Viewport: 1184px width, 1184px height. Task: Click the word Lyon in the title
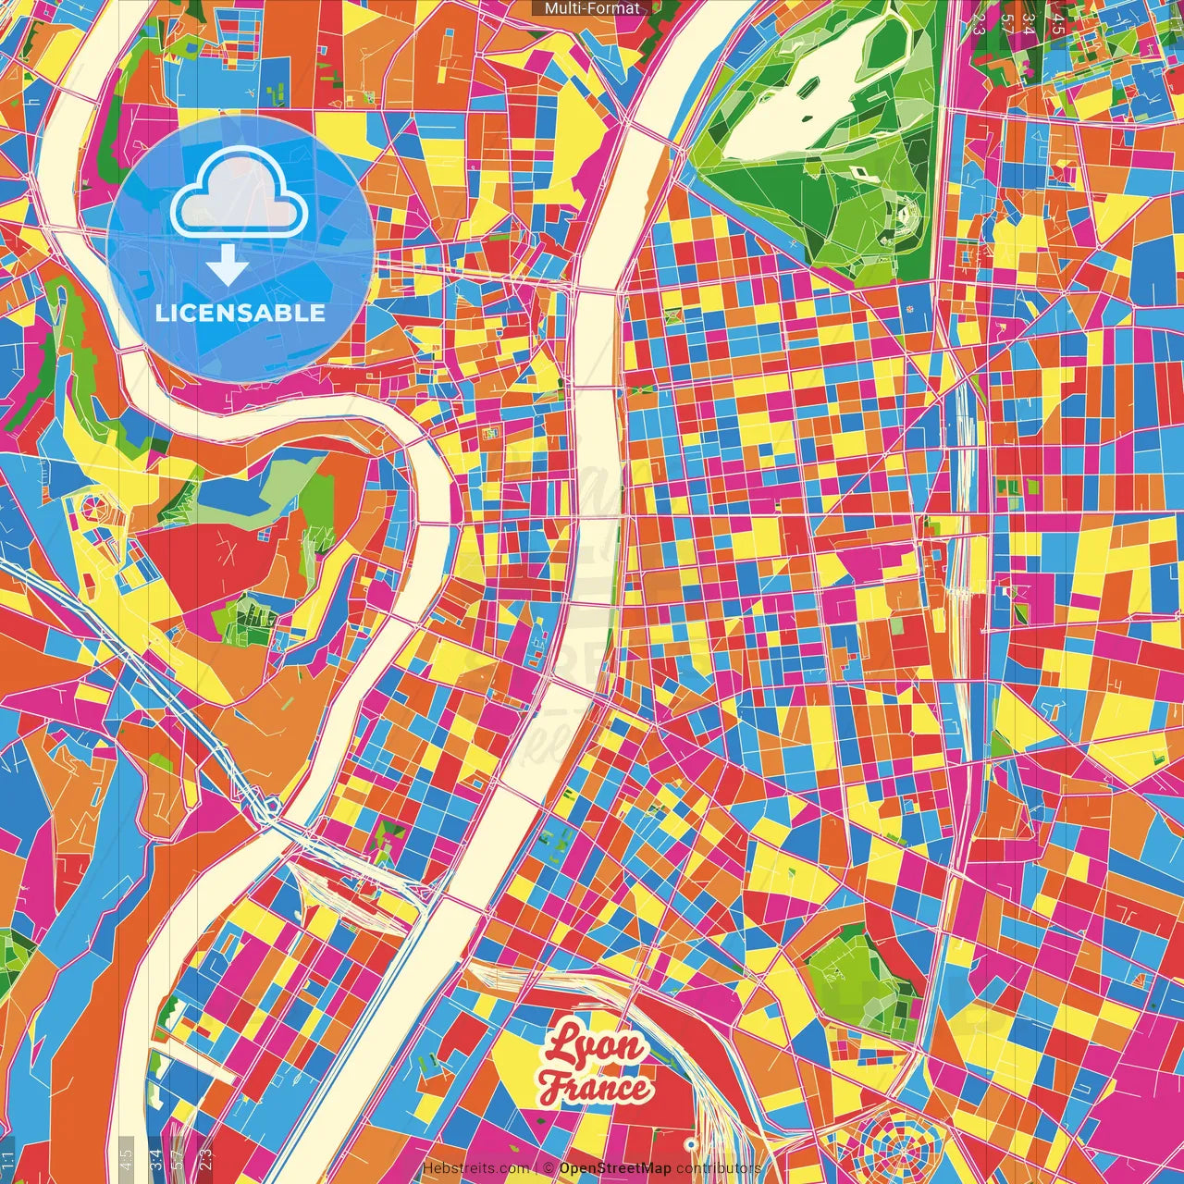594,1046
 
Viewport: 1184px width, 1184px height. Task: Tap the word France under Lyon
596,1087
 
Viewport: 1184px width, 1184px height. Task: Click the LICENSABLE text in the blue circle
240,313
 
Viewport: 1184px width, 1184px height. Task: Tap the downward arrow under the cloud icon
227,265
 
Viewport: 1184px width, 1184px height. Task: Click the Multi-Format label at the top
592,8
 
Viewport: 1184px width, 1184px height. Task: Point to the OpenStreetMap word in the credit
615,1168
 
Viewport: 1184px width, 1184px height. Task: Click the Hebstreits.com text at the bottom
476,1168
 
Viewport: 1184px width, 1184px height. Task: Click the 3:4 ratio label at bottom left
155,1155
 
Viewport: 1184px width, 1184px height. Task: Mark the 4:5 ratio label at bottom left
127,1155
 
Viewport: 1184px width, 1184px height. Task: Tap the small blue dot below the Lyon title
690,1144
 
